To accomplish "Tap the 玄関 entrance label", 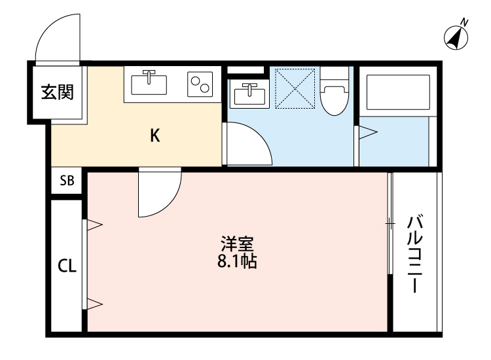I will click(58, 92).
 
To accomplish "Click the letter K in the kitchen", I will click(155, 135).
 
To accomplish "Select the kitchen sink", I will click(149, 84).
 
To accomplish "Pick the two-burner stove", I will click(201, 84).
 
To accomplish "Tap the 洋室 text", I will click(236, 245).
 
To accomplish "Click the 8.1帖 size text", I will click(236, 262).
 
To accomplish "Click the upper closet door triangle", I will click(94, 225).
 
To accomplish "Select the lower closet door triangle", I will click(94, 303).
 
